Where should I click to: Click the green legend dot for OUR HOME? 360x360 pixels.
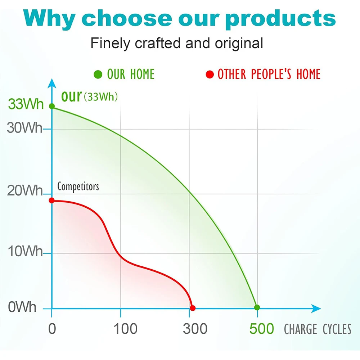[x=98, y=75]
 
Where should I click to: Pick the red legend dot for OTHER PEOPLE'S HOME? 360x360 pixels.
[x=210, y=75]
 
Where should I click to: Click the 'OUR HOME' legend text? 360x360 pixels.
[x=131, y=74]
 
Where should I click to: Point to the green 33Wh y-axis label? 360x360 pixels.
[x=26, y=104]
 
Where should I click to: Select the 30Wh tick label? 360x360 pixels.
[x=25, y=128]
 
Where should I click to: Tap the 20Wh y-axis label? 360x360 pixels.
[x=25, y=190]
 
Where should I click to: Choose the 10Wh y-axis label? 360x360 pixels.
[x=25, y=251]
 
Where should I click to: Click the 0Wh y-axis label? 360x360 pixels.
[x=22, y=307]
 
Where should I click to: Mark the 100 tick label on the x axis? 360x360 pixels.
[x=126, y=329]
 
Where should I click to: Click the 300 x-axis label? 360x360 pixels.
[x=195, y=329]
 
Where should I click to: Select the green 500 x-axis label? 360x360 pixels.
[x=262, y=329]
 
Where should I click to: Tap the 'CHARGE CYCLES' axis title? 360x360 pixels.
[x=318, y=329]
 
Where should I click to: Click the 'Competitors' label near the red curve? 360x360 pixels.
[x=78, y=186]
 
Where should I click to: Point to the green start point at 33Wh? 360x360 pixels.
[x=52, y=106]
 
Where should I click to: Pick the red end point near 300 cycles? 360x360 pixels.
[x=193, y=308]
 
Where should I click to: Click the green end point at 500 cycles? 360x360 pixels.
[x=257, y=307]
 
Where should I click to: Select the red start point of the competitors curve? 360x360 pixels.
[x=52, y=201]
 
